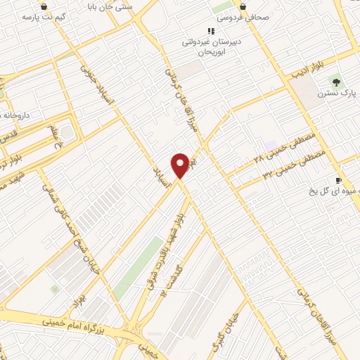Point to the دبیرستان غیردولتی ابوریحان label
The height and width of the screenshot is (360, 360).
(208, 46)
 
